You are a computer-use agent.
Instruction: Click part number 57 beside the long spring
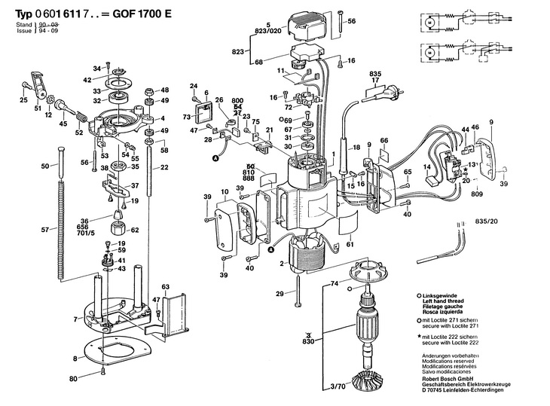(x=44, y=229)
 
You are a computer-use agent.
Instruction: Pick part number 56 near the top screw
(x=352, y=23)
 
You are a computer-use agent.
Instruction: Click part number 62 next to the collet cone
(x=136, y=230)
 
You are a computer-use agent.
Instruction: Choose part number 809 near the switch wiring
(x=477, y=195)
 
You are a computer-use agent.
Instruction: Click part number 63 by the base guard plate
(x=166, y=287)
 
